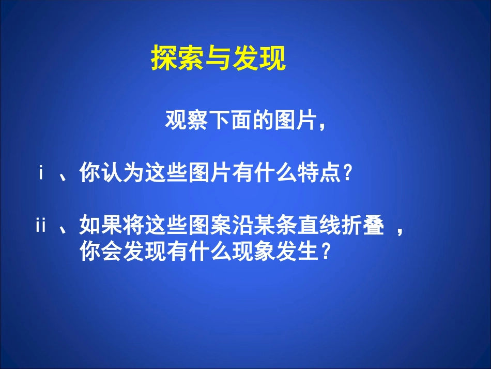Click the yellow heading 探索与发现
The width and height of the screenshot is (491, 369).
click(218, 58)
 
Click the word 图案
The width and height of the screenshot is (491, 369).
click(209, 226)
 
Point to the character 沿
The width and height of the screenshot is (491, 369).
click(242, 226)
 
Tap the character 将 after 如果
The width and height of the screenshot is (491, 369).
click(133, 226)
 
